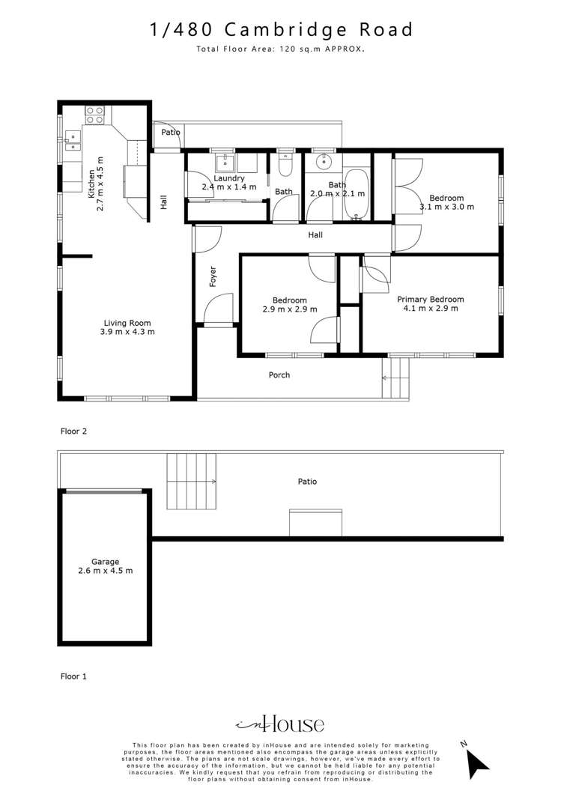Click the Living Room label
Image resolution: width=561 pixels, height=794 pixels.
(127, 323)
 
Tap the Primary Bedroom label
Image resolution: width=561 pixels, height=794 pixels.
(431, 300)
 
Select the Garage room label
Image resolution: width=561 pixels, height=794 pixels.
(106, 562)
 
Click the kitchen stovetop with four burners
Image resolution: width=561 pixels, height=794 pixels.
(94, 115)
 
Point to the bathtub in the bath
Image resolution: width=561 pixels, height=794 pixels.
(357, 194)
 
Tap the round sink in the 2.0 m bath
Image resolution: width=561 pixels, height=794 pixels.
(323, 163)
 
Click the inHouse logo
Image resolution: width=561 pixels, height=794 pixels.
(280, 724)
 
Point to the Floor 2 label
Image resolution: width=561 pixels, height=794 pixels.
(74, 431)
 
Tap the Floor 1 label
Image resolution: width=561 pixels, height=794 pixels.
(74, 676)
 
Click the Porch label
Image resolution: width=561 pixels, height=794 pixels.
(279, 375)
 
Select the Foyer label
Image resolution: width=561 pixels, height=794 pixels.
(213, 276)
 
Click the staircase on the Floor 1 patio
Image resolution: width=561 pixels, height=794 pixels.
(192, 482)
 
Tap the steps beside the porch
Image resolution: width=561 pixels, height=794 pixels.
(395, 378)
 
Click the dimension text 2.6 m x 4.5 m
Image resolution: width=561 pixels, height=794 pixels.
(106, 571)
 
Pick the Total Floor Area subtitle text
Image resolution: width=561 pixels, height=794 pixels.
(281, 49)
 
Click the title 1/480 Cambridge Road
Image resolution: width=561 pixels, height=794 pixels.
(281, 29)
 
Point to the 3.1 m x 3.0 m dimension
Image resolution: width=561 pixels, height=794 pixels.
(447, 207)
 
